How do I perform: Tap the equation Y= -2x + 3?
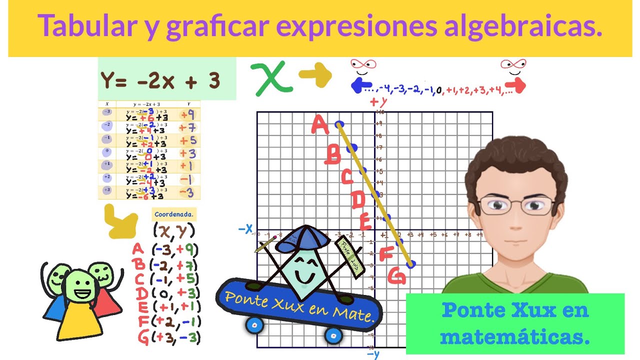click(x=160, y=80)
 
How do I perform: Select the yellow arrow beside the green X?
click(x=315, y=75)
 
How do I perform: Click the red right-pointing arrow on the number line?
click(x=518, y=85)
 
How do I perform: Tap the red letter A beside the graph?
click(x=320, y=124)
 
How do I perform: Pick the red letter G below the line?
click(x=396, y=275)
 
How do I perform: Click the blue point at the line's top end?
click(x=339, y=123)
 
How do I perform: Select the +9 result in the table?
click(x=187, y=114)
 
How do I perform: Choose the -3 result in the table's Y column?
click(x=186, y=192)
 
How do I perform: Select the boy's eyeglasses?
click(x=516, y=204)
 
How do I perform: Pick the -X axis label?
click(x=245, y=229)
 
